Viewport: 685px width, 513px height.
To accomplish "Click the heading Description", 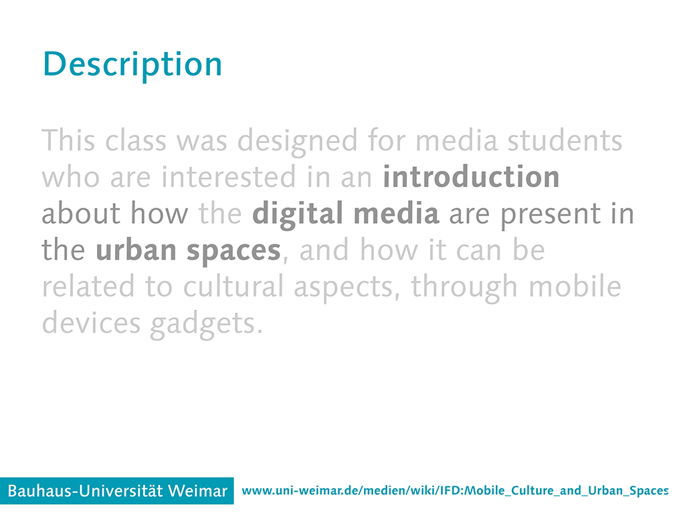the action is point(132,65).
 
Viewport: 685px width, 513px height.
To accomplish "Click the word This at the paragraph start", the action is point(68,140).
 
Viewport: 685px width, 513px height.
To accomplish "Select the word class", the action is point(136,140).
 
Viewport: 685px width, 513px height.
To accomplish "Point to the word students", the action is point(565,140).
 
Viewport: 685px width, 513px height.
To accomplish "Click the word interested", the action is point(229,177).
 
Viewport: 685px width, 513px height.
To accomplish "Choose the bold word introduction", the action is point(471,177).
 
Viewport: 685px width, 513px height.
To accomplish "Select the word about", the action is point(81,213).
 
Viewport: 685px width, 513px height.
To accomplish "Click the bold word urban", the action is point(136,250).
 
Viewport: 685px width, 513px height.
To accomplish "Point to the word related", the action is point(88,287).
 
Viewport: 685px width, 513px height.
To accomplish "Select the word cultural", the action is point(233,287).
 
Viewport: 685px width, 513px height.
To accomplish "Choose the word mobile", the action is point(575,287).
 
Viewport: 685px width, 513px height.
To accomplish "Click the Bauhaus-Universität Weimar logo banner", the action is point(116,491).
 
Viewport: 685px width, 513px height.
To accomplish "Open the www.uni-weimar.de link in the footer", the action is point(455,491).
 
